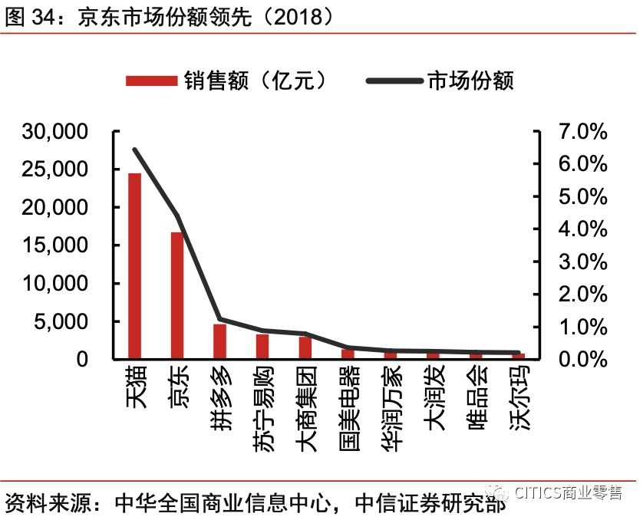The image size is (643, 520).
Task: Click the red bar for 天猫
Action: (x=134, y=265)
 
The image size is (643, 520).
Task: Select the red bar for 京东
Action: (x=177, y=295)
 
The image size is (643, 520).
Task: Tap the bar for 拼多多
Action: (x=219, y=341)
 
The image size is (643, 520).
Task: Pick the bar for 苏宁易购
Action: (x=262, y=347)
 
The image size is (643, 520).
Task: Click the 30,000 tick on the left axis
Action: (x=54, y=132)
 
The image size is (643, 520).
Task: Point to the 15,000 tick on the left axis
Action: (x=54, y=245)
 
